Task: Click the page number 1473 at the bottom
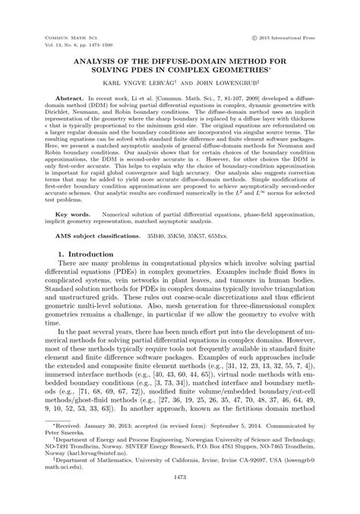[x=180, y=497]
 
